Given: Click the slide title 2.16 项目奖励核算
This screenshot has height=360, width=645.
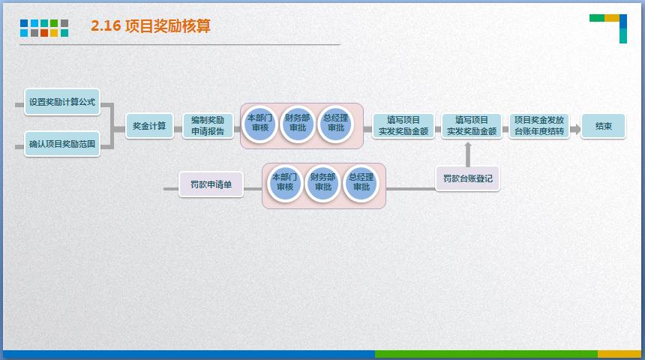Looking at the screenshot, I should click(151, 26).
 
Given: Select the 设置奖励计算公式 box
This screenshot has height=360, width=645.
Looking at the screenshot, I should click(62, 102).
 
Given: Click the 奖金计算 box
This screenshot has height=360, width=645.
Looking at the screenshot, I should click(149, 125).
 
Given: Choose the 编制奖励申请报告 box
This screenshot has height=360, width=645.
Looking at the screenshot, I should click(207, 125).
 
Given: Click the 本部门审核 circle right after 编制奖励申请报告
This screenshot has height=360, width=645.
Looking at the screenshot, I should click(260, 124).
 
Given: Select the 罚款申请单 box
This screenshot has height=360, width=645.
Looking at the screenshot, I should click(211, 184).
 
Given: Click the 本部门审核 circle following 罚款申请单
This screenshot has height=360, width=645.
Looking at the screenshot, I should click(284, 183).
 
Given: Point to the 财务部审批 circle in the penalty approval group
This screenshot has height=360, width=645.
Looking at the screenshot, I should click(322, 183).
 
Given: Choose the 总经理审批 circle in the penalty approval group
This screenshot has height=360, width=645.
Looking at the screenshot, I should click(361, 183).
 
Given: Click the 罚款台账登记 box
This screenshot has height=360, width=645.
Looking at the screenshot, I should click(467, 179).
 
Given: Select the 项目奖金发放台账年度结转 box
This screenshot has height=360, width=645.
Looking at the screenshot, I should click(538, 125).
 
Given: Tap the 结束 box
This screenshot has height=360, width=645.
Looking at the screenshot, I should click(603, 125).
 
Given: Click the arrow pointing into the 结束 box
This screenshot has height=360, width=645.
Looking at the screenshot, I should click(575, 128).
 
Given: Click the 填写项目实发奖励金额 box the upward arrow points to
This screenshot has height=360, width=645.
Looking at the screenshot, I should click(471, 125).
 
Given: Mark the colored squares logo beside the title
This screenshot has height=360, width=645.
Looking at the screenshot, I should click(44, 28).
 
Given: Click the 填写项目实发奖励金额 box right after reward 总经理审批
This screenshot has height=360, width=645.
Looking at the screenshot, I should click(403, 125).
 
